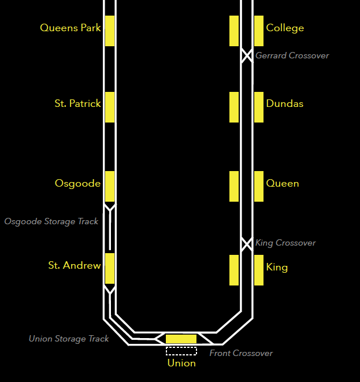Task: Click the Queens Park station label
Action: click(70, 28)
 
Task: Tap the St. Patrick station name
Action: click(77, 104)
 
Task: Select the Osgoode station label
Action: click(77, 184)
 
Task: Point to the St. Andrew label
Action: click(74, 266)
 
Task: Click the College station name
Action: click(285, 28)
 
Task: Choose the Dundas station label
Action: click(285, 104)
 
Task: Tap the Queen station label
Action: click(283, 184)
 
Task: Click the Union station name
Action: click(181, 364)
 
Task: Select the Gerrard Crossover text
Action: click(292, 55)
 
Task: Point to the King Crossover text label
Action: click(285, 243)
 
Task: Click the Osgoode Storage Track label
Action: click(51, 221)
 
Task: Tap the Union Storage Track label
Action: click(69, 339)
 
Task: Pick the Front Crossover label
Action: click(241, 353)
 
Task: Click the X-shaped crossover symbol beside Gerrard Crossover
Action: click(247, 55)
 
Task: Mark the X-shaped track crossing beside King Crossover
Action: click(247, 243)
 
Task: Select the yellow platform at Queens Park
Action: click(110, 31)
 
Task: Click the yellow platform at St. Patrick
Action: click(110, 107)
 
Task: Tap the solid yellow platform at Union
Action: click(181, 339)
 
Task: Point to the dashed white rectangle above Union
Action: click(181, 351)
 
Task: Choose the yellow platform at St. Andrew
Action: click(110, 268)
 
